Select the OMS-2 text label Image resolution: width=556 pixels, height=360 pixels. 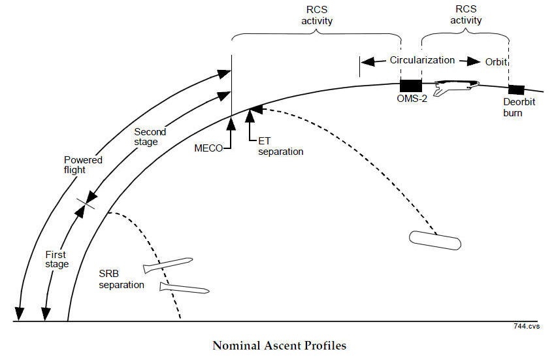coord(412,99)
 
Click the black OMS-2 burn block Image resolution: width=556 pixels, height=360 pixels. coord(411,86)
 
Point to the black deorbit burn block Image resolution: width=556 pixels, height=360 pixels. coord(517,90)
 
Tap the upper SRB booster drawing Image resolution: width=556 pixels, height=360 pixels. coord(167,264)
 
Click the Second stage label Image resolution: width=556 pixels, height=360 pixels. coord(150,137)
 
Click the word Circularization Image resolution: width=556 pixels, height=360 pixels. coord(422,60)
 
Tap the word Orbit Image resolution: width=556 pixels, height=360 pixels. coord(496,61)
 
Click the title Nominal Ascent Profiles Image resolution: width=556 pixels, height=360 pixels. coord(278,344)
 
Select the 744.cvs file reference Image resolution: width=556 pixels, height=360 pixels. coord(527,325)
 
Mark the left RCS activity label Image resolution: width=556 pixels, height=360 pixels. coord(317,16)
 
